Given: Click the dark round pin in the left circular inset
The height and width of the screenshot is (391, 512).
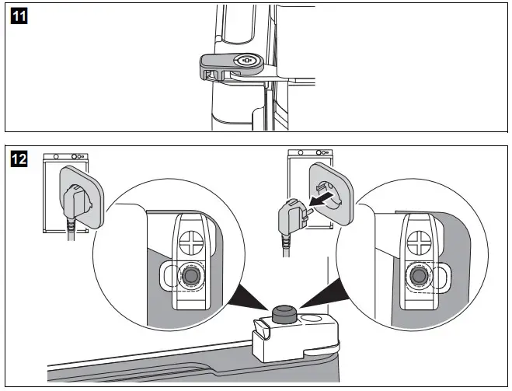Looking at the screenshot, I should tap(191, 276).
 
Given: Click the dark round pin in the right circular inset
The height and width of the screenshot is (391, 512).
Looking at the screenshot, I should tap(418, 276).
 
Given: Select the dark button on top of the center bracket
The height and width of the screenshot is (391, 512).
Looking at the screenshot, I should tap(281, 313).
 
